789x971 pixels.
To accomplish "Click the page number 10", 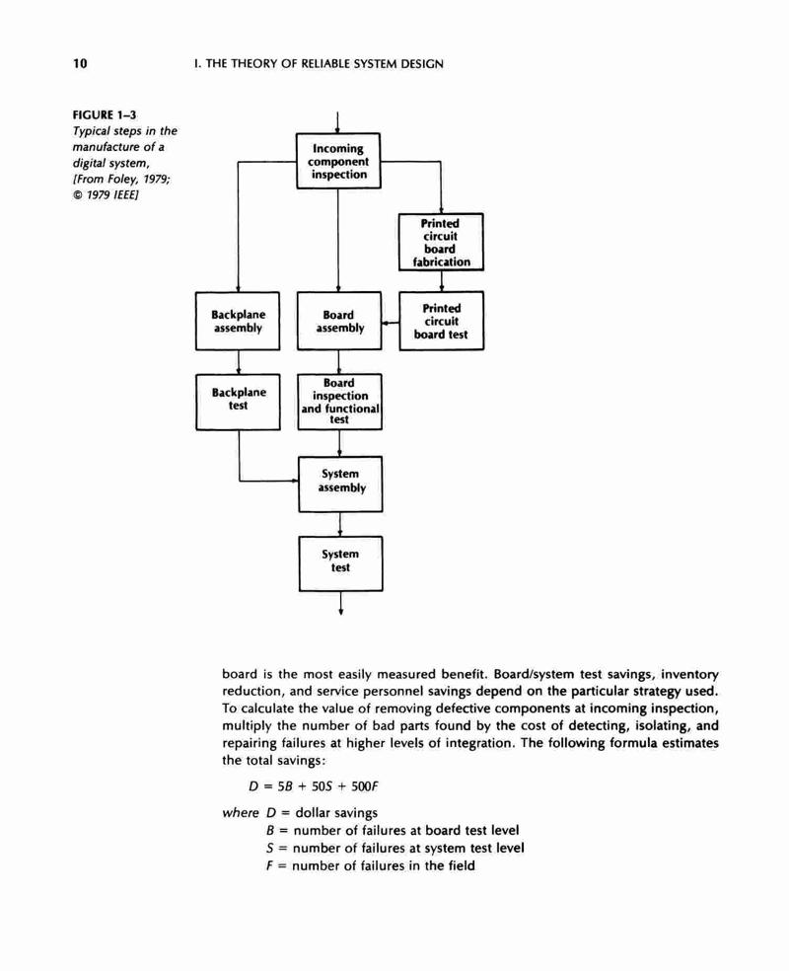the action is point(80,63).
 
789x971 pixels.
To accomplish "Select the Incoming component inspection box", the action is point(338,161).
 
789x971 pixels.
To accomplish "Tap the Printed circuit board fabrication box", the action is point(441,242).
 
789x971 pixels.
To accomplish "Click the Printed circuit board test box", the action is point(441,321).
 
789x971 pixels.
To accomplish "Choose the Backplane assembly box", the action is point(238,321).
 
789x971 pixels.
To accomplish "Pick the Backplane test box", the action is point(239,402).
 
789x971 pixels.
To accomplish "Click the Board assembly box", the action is point(339,321).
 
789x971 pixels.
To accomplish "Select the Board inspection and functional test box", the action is point(339,402).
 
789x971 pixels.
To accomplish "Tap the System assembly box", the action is point(340,484).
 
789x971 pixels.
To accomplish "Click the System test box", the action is point(340,563).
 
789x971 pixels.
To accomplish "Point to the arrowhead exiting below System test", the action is point(341,612).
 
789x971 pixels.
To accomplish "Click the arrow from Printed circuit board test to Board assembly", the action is point(391,324).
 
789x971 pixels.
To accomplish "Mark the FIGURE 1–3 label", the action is point(105,114).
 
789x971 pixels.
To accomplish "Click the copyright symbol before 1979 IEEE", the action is point(77,195).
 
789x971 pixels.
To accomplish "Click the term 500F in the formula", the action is point(365,786).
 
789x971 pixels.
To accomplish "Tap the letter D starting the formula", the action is point(253,786).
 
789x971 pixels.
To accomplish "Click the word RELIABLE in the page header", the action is point(324,64).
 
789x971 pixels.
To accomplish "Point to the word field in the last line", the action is point(461,865).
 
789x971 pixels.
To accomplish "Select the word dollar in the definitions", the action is point(313,812).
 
